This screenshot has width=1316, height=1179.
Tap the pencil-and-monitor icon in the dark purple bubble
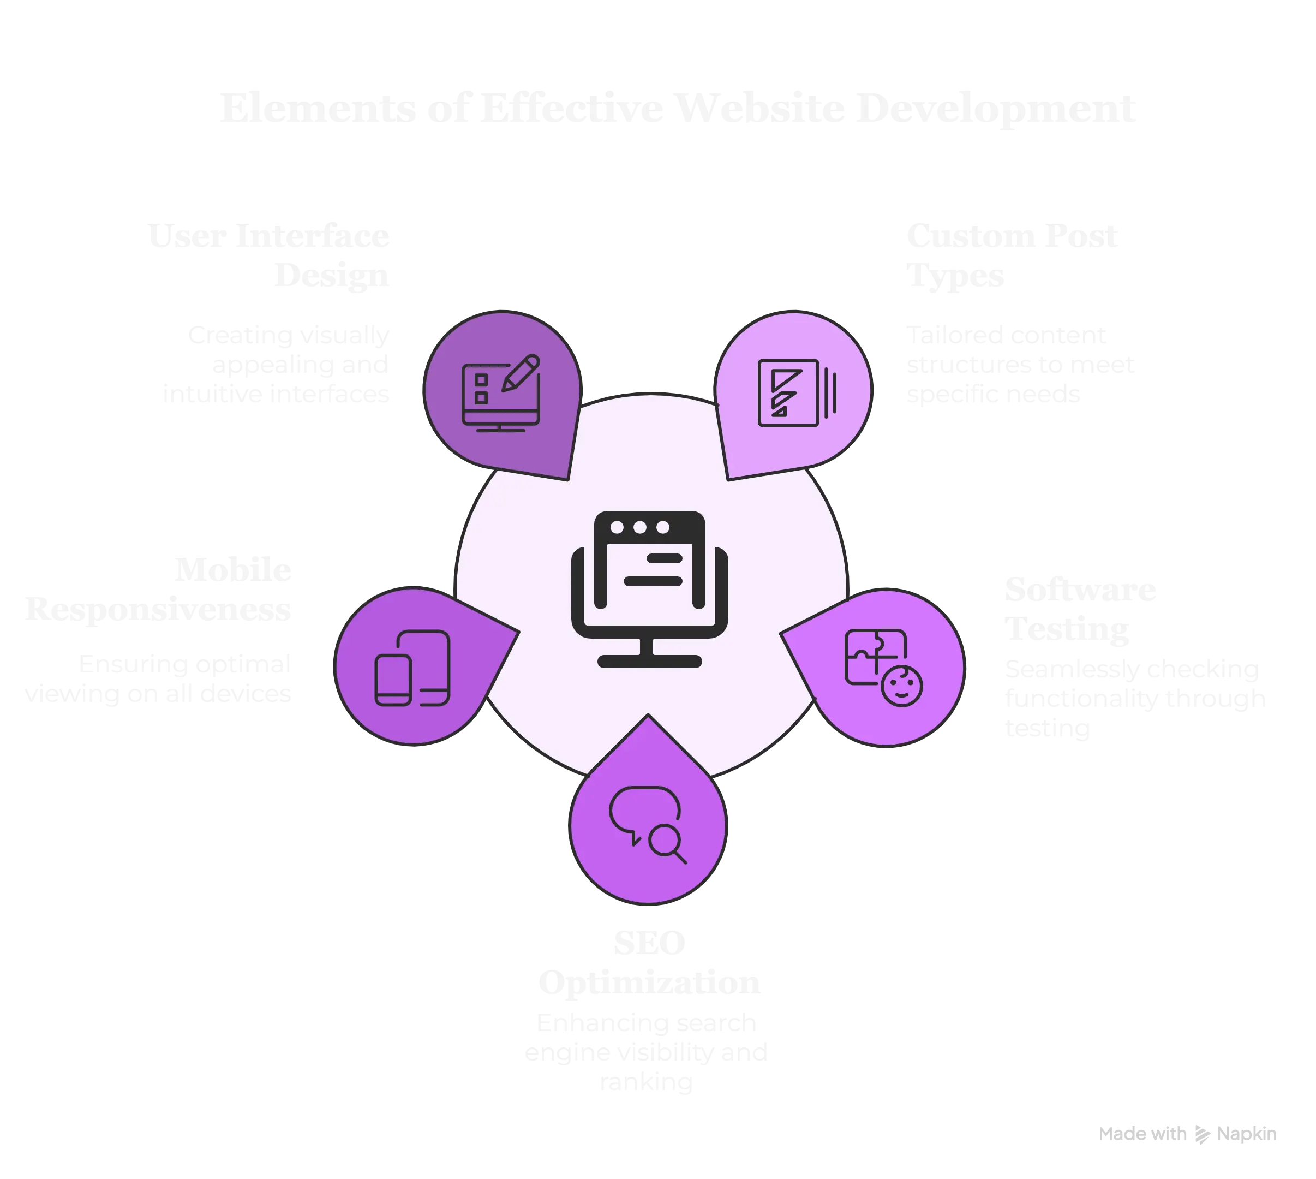pos(501,392)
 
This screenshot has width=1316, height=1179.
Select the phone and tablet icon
pos(412,668)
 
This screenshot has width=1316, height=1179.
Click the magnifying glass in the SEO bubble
pos(667,844)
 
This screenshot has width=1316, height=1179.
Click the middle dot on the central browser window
pos(640,527)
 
